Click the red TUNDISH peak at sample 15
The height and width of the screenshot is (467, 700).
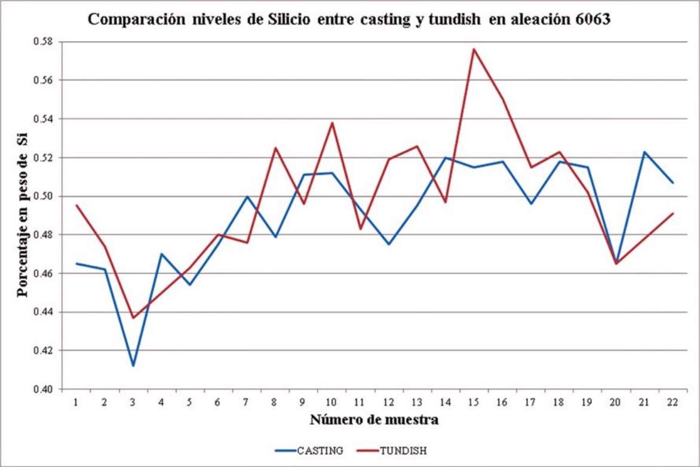(x=474, y=49)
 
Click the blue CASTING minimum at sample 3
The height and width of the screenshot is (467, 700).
(x=133, y=365)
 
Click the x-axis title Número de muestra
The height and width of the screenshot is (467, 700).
(x=374, y=420)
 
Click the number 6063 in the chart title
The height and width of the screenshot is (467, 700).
(x=593, y=19)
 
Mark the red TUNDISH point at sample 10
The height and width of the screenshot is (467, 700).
(x=332, y=122)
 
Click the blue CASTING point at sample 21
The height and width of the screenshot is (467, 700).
(x=644, y=152)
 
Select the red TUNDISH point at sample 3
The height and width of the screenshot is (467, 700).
(x=133, y=318)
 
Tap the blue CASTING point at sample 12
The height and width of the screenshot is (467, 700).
(x=389, y=244)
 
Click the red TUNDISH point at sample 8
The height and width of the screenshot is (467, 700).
(x=275, y=148)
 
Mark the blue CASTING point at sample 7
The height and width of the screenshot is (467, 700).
(x=247, y=196)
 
